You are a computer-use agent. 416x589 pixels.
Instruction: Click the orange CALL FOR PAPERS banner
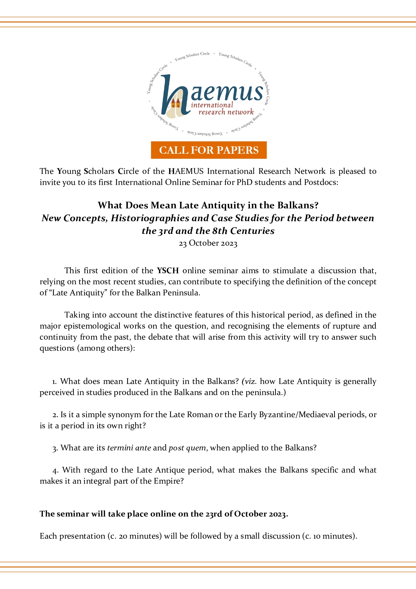pos(209,150)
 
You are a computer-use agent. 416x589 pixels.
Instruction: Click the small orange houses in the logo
pos(175,103)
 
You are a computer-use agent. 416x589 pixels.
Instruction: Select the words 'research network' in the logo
pos(226,112)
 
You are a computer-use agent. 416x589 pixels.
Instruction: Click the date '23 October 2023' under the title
pos(208,243)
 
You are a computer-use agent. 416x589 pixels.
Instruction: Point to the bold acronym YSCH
pos(168,271)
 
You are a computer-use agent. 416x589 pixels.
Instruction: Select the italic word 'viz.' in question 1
pos(250,381)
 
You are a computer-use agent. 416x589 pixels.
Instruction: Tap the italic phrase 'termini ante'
pos(129,448)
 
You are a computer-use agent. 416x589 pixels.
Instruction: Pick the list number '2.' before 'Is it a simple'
pos(55,415)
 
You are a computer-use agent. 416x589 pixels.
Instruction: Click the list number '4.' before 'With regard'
pos(56,470)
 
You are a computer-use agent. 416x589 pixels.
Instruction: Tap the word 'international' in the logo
pos(212,105)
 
